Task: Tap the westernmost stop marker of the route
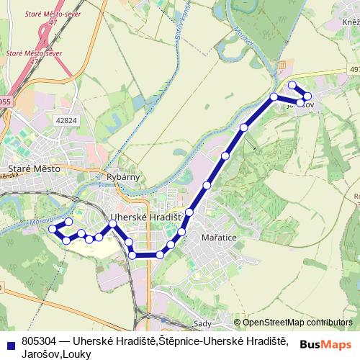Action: click(x=52, y=229)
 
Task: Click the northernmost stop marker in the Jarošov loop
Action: click(x=292, y=86)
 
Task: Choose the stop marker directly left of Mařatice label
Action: click(x=182, y=232)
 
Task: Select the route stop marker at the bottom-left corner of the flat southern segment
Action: click(x=132, y=256)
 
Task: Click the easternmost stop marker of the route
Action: click(x=308, y=96)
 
